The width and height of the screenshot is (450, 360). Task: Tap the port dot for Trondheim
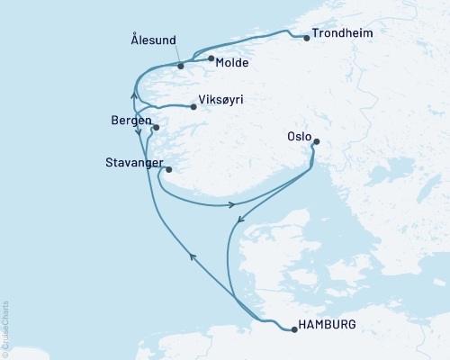307,38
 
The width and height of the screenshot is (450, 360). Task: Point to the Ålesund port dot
181,66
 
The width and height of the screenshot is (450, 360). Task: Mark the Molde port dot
211,59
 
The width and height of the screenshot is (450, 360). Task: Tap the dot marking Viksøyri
193,106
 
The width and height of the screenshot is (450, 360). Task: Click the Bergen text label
130,120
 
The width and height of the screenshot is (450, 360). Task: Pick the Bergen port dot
156,128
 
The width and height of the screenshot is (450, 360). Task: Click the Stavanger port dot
168,168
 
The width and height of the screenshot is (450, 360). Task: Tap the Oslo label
299,138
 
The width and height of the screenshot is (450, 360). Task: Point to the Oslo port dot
315,141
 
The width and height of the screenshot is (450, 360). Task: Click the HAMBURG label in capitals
330,324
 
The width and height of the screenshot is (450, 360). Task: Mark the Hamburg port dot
294,330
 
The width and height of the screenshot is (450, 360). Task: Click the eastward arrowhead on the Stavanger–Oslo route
232,205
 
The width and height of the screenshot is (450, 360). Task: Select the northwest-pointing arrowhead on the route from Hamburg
192,256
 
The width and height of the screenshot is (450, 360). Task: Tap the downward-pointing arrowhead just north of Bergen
139,133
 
